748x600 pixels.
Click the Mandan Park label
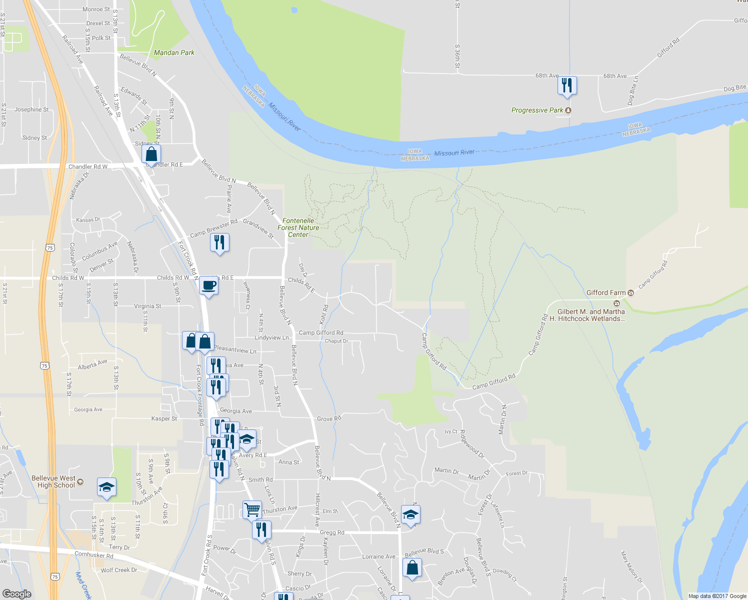[174, 52]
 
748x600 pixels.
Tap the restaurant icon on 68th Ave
[567, 85]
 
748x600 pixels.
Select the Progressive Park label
[537, 110]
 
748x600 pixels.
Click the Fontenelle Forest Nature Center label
[298, 227]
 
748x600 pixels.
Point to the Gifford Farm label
[606, 292]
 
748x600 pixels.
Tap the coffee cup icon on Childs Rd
[208, 286]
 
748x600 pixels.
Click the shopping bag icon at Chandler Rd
[151, 154]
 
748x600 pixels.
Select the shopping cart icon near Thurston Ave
[252, 510]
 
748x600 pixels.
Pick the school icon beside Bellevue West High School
[106, 487]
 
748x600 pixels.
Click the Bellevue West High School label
[53, 481]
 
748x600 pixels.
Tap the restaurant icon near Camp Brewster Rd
[219, 243]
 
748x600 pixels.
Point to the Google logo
[17, 593]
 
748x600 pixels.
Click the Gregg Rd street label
[332, 532]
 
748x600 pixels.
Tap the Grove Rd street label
[329, 418]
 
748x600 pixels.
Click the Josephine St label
[31, 109]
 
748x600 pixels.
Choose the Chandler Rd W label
[87, 166]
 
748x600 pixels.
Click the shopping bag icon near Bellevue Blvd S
[412, 568]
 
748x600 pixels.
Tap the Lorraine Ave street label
[378, 556]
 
